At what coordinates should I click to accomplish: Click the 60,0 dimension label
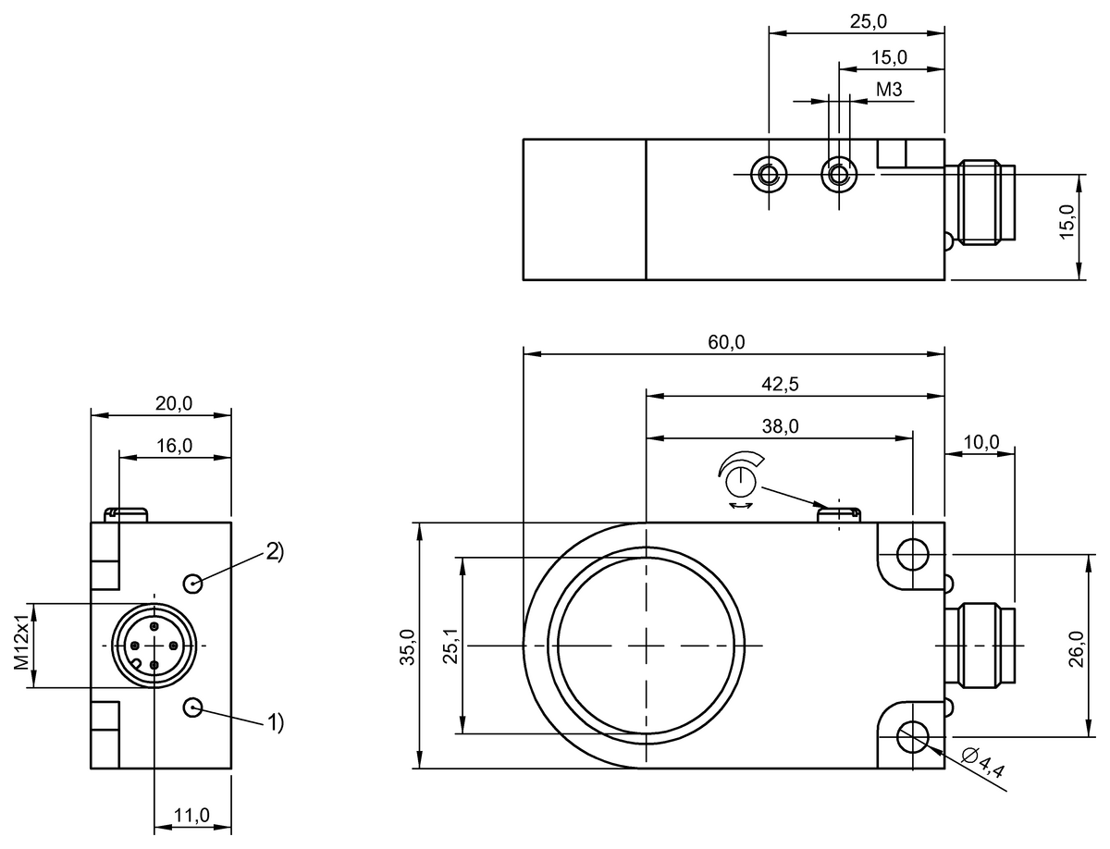727,342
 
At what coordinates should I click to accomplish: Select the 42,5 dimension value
780,386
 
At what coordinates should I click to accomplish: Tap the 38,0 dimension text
780,426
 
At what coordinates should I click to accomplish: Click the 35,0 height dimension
408,645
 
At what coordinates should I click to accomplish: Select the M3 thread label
888,90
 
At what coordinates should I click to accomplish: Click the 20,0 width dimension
174,403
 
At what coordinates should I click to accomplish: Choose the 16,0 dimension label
174,446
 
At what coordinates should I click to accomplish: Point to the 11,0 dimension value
191,815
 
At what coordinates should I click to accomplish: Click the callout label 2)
274,552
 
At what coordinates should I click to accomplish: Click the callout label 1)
274,721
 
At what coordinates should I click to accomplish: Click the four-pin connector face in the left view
152,645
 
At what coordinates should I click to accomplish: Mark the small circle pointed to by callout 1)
193,707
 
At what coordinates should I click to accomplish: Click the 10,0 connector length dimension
980,441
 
